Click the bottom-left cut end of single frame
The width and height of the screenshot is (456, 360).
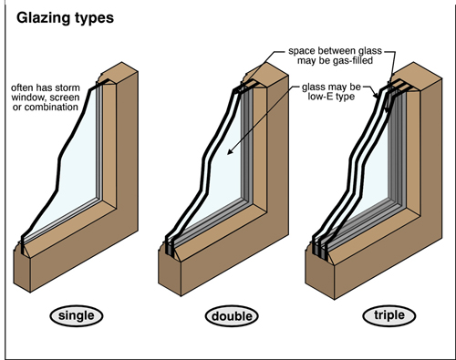28,268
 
